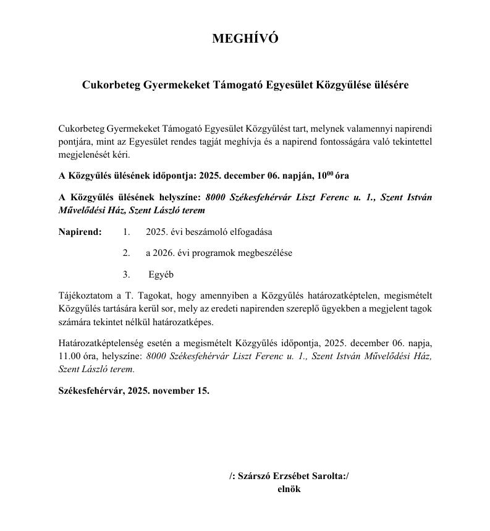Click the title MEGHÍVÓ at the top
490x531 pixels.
(245, 38)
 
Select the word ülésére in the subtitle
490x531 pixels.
(389, 85)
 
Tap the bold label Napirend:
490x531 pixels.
(80, 232)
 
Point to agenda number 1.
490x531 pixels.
(126, 232)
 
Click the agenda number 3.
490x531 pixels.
(126, 274)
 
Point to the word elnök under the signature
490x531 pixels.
(289, 488)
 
